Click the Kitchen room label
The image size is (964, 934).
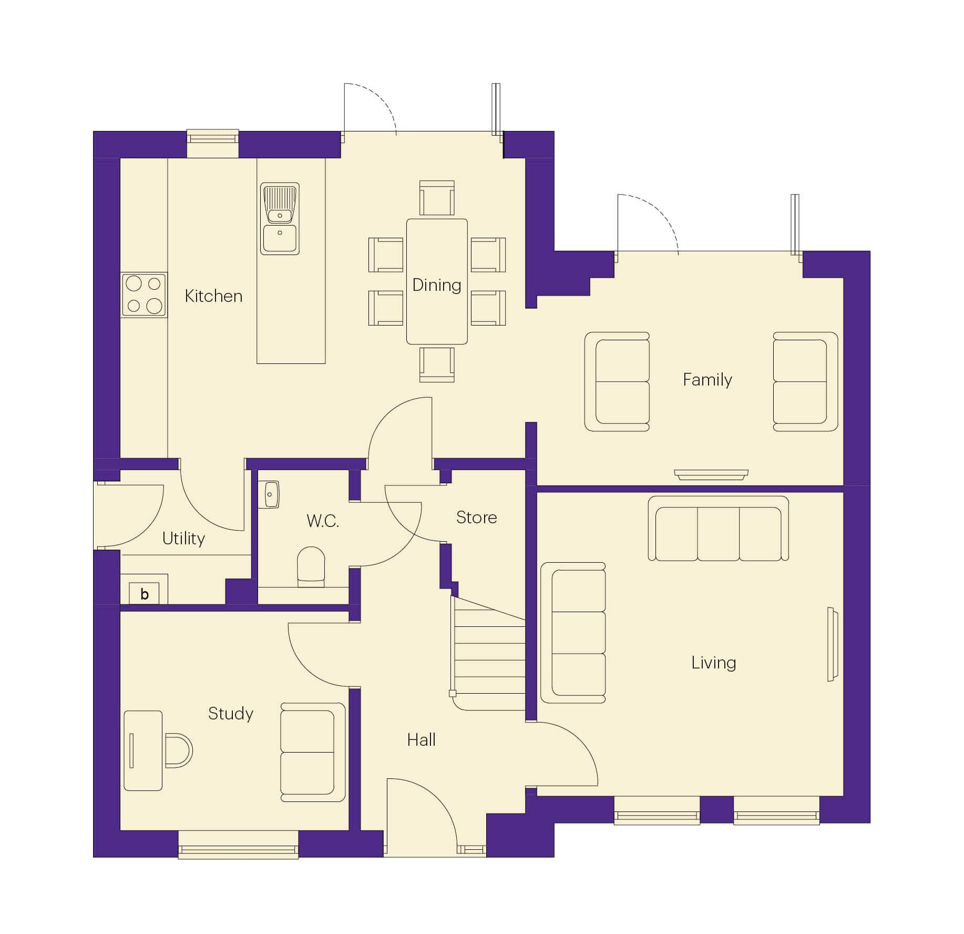click(x=213, y=296)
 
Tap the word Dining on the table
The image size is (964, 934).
click(x=436, y=285)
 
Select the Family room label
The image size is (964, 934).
click(x=707, y=380)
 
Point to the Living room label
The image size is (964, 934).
click(x=713, y=663)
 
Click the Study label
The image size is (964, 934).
click(x=231, y=714)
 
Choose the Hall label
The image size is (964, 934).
click(x=421, y=740)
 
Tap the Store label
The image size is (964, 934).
click(x=476, y=517)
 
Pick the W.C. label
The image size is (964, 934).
click(x=323, y=521)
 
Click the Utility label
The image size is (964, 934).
click(x=183, y=539)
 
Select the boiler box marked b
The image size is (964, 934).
click(x=144, y=594)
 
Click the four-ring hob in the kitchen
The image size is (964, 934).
click(x=144, y=295)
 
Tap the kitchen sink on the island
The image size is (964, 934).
click(x=280, y=219)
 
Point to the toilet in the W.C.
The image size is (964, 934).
click(x=311, y=567)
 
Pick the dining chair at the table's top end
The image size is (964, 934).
click(x=437, y=198)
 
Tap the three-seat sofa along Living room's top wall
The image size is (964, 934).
click(x=718, y=529)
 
